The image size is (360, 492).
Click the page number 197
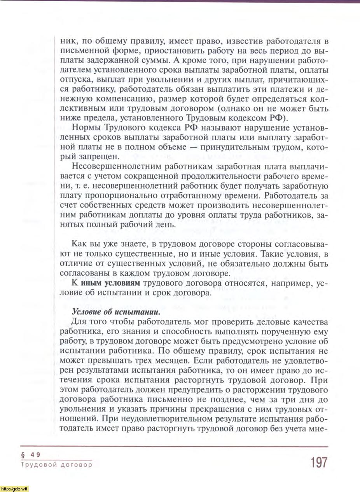[319, 463]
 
